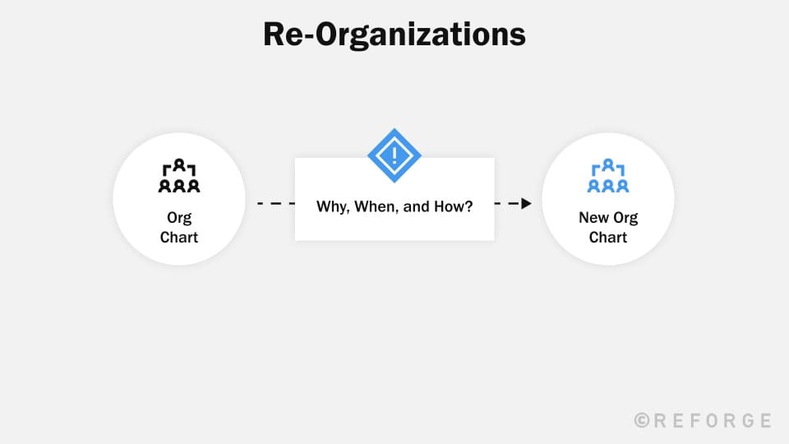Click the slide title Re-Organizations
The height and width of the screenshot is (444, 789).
pyautogui.click(x=394, y=35)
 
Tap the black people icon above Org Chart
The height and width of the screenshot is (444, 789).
pyautogui.click(x=178, y=177)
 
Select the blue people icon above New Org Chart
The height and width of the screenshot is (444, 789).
pyautogui.click(x=608, y=177)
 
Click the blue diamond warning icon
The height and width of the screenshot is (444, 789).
pyautogui.click(x=394, y=155)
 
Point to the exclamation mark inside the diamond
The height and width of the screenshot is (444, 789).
pyautogui.click(x=394, y=155)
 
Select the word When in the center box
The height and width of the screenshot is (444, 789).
pyautogui.click(x=376, y=206)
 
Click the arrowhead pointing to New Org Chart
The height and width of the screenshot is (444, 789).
pyautogui.click(x=527, y=203)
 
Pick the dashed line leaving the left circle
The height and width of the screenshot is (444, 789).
pyautogui.click(x=275, y=203)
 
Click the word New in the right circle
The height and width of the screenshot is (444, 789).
pyautogui.click(x=593, y=218)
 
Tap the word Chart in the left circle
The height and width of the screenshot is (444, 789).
pyautogui.click(x=178, y=238)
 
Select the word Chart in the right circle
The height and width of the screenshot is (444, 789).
pyautogui.click(x=608, y=238)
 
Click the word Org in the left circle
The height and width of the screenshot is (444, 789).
pyautogui.click(x=178, y=218)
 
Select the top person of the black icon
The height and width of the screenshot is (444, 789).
pyautogui.click(x=178, y=167)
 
